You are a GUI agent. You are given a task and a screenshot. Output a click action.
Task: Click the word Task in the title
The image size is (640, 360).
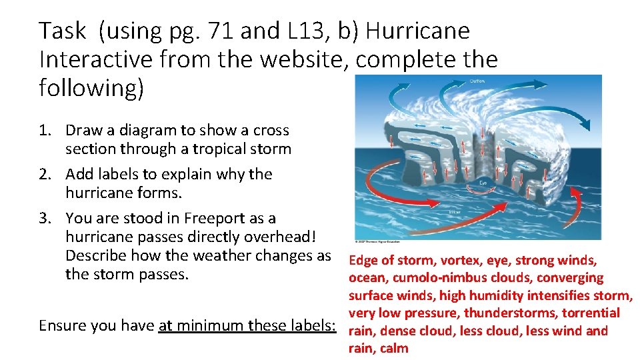[63, 31]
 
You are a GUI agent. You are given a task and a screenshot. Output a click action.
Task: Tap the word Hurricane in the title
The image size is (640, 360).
[418, 31]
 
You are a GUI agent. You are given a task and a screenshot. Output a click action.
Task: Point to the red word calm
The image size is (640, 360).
[394, 348]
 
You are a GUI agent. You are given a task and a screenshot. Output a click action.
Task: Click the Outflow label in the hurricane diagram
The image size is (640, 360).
[478, 81]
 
